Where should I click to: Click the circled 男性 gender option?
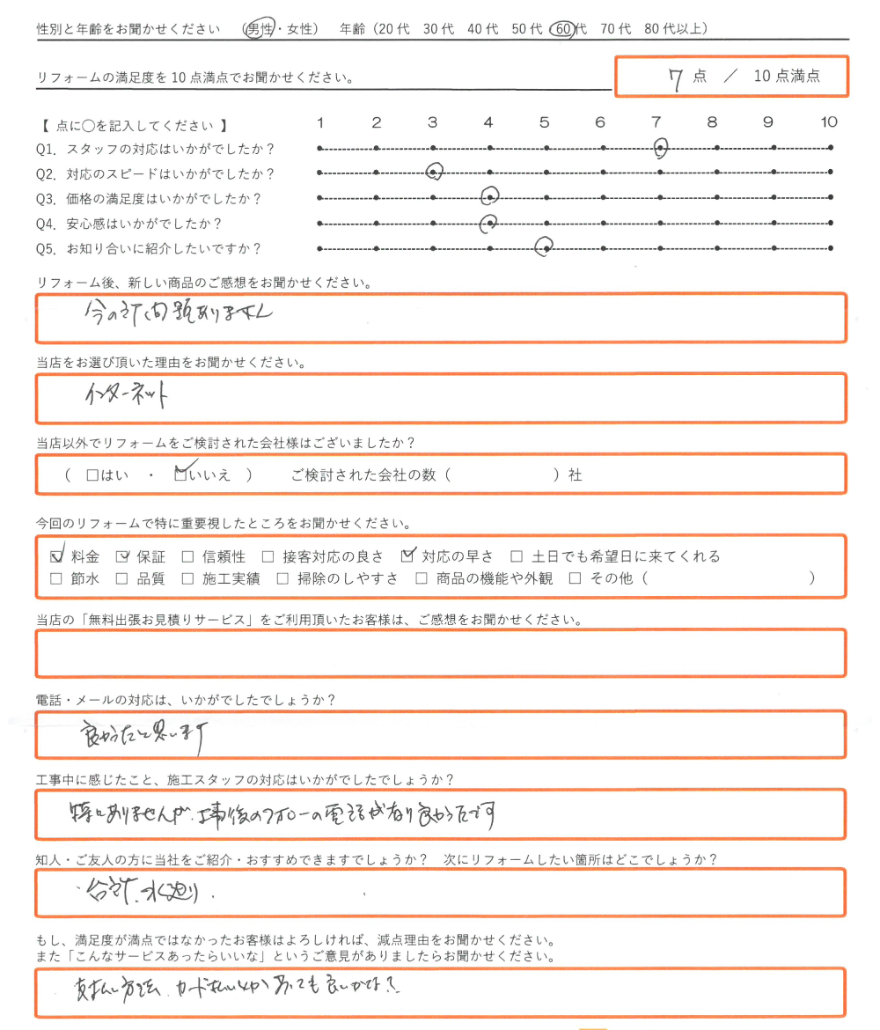point(259,29)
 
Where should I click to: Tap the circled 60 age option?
point(563,29)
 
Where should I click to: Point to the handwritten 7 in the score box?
point(676,78)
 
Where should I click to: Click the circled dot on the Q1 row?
point(661,148)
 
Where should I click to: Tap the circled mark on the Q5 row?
point(546,248)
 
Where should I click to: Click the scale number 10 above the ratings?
point(829,122)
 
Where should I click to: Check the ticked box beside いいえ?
point(181,475)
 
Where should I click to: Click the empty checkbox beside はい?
point(92,475)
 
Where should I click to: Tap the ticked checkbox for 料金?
point(57,556)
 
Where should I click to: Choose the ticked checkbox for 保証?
point(123,556)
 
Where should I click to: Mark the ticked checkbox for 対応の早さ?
point(407,556)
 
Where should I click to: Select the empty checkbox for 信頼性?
point(187,556)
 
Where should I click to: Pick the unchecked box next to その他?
point(576,579)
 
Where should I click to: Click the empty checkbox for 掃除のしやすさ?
point(282,579)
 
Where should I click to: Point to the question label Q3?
point(47,198)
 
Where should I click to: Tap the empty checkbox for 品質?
point(122,579)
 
